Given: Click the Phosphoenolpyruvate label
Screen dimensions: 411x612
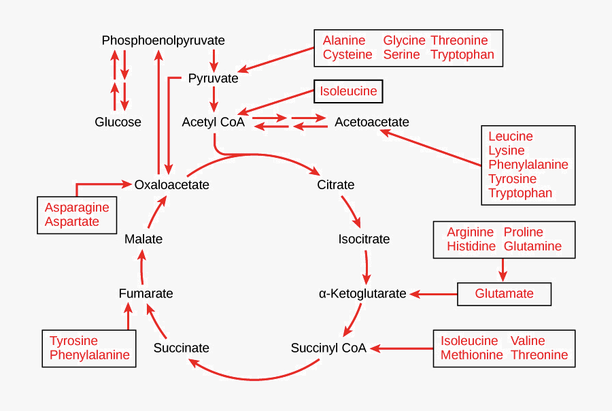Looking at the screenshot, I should coord(163,41).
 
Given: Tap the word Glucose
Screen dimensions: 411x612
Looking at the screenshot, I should coord(118,122).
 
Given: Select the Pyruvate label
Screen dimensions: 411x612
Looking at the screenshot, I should coord(213,78).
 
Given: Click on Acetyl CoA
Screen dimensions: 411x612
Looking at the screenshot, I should coord(213,122).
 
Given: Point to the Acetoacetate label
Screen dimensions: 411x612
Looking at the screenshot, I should coord(372,122).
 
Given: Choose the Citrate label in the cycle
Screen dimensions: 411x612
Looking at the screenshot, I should coord(336,184).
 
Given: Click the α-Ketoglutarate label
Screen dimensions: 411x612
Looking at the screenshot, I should coord(362,294).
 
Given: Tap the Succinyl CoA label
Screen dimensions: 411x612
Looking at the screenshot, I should coord(328,348).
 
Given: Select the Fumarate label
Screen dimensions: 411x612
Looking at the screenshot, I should coord(146,294).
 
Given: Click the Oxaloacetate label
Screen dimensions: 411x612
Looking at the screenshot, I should coord(171,184).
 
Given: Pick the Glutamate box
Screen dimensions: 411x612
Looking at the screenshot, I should coord(504,294).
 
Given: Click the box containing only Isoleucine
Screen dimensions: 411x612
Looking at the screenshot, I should coord(348,91).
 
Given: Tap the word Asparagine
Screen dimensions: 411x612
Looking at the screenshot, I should coord(77,208).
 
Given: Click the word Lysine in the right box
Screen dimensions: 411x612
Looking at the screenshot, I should coord(507,150).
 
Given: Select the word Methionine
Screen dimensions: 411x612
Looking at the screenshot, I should coord(472,355).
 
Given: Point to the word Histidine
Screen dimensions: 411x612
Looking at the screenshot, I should coord(471,246).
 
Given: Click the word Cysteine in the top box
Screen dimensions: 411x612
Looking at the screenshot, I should coord(347,54).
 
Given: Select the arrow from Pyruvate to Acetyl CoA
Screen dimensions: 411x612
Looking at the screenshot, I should coord(214,99).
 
